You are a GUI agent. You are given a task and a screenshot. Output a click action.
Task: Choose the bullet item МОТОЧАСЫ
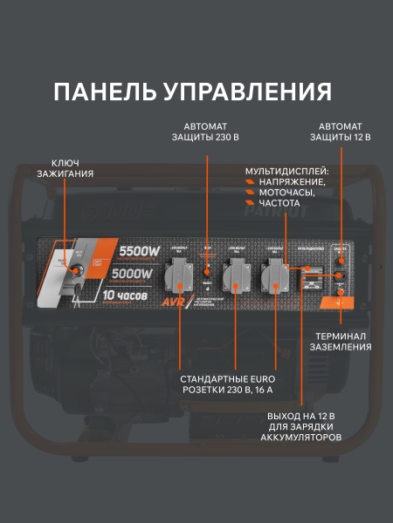286,193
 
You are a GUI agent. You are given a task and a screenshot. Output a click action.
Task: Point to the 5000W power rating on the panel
131,274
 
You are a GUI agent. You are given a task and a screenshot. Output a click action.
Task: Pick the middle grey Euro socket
233,277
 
